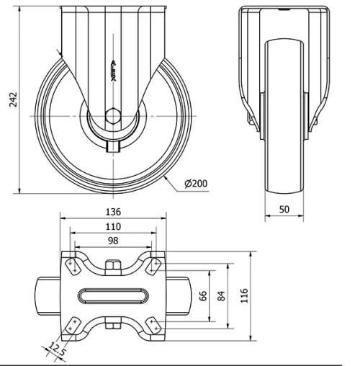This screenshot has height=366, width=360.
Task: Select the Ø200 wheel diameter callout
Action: pyautogui.click(x=196, y=183)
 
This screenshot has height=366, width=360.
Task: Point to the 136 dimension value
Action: pyautogui.click(x=113, y=212)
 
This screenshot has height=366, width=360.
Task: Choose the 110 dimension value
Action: pyautogui.click(x=113, y=226)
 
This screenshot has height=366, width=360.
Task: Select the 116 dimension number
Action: pyautogui.click(x=245, y=295)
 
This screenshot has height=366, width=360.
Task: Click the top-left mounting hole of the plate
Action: pyautogui.click(x=72, y=266)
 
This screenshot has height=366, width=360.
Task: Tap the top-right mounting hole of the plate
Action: pyautogui.click(x=154, y=266)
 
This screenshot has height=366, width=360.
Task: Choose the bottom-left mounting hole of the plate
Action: pyautogui.click(x=72, y=325)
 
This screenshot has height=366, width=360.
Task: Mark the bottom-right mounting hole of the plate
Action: pyautogui.click(x=154, y=325)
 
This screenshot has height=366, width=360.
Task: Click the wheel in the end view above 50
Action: pyautogui.click(x=284, y=115)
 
